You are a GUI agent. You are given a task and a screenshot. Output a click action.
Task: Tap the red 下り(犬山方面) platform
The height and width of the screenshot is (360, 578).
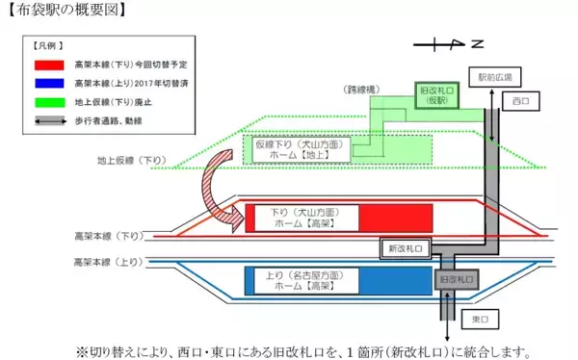pos(328,217)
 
